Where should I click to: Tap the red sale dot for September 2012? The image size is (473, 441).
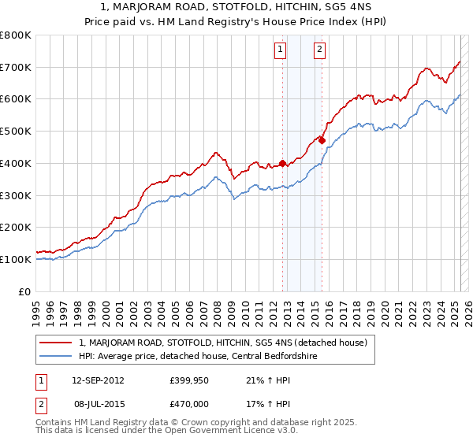click(x=282, y=163)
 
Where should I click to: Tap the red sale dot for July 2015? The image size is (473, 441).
click(x=322, y=140)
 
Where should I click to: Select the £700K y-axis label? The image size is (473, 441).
click(x=16, y=67)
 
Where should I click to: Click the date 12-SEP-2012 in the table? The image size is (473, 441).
click(x=98, y=380)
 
